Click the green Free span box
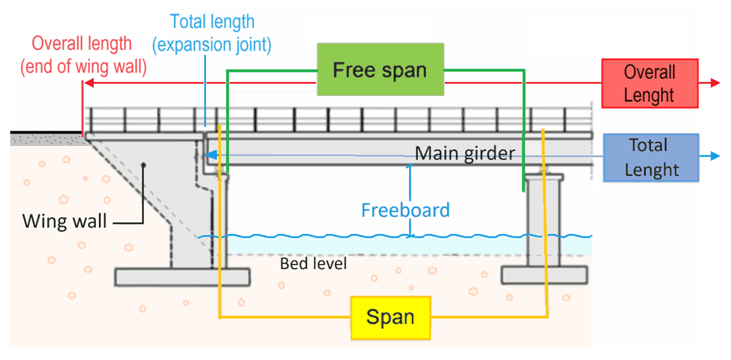point(381,70)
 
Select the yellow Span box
point(390,317)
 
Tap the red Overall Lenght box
point(649,84)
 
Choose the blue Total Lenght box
point(651,157)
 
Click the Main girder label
point(465,154)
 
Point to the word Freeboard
point(405,210)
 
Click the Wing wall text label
point(65,220)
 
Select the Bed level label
point(313,262)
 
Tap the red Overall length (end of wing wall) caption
point(83,55)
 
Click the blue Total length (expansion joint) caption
point(211,33)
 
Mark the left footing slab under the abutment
point(183,276)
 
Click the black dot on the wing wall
point(144,165)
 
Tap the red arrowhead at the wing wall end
point(85,84)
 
